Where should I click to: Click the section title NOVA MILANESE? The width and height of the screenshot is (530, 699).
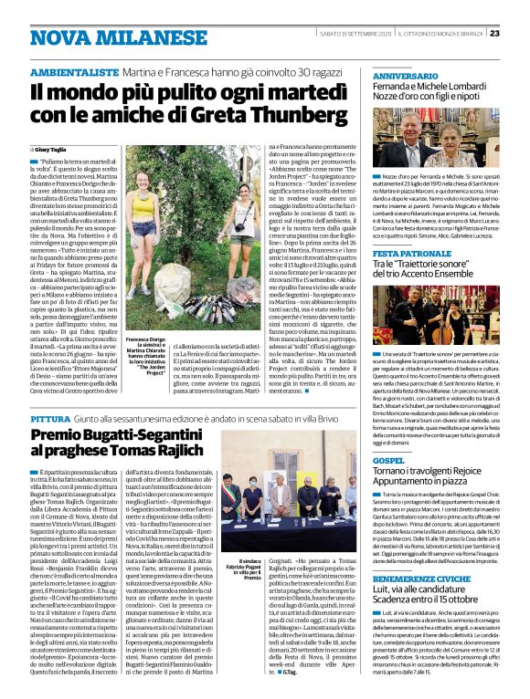[95, 36]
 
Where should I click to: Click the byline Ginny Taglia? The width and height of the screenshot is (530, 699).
[51, 146]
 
